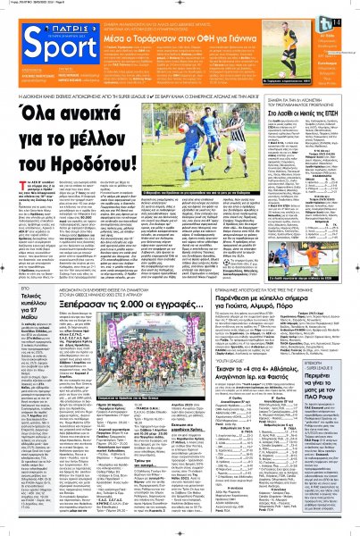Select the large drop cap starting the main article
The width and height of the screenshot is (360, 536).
click(10, 211)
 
